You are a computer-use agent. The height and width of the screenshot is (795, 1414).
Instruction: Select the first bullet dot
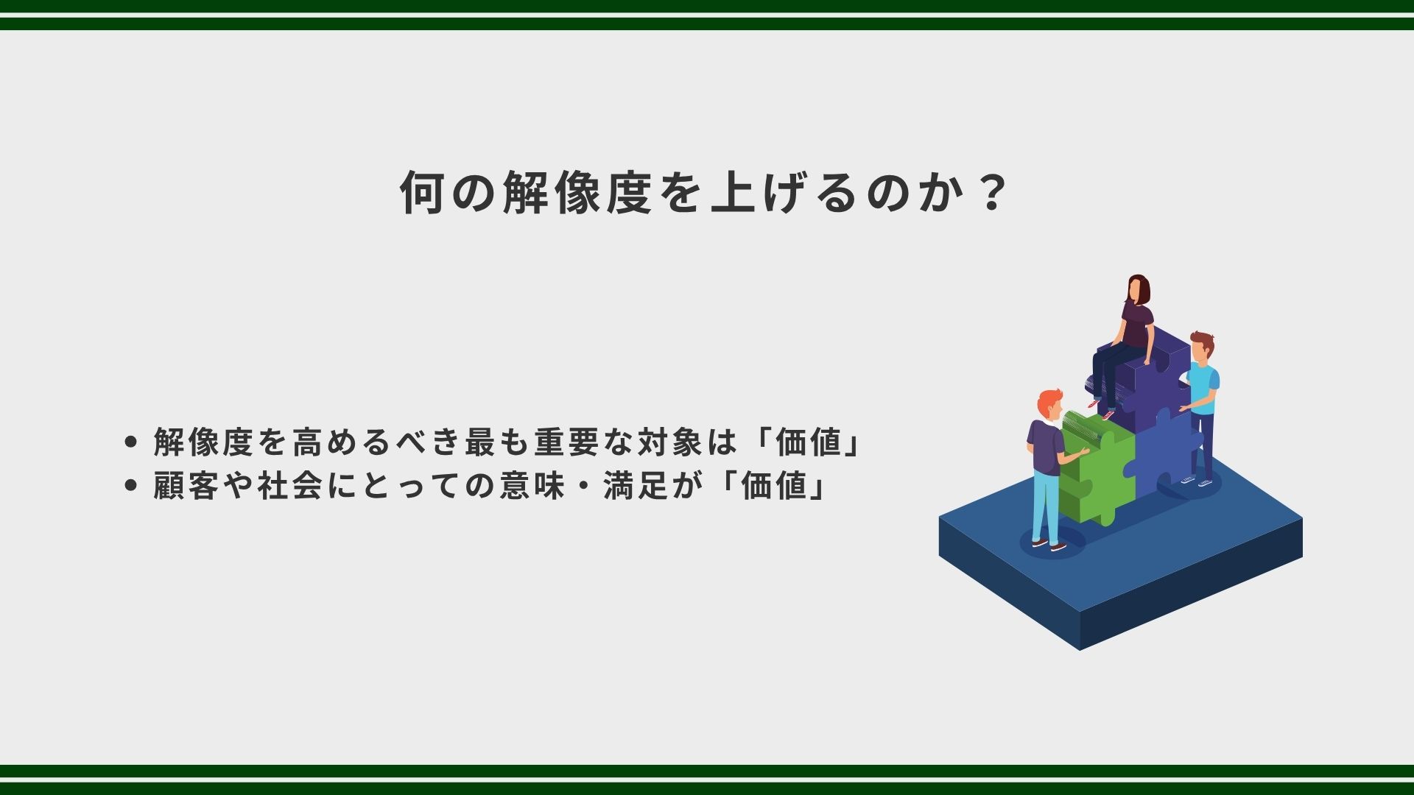132,442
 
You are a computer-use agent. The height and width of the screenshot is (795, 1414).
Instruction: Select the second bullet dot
132,486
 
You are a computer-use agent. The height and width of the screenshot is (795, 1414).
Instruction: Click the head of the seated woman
1139,289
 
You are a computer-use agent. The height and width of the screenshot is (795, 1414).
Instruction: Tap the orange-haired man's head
1049,405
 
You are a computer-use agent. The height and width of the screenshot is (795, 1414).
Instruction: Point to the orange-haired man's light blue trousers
1046,506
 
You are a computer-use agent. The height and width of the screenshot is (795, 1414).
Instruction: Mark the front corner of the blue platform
1080,649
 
